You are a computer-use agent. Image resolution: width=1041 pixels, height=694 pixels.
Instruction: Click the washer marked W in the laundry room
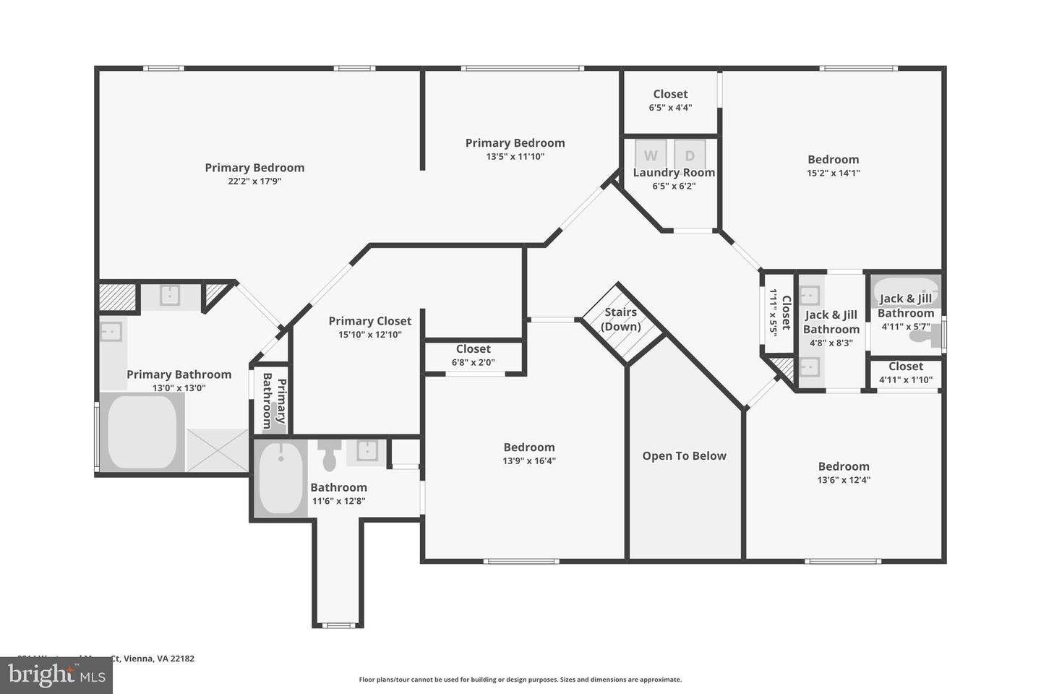click(x=651, y=154)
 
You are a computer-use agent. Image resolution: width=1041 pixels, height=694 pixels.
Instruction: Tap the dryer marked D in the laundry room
click(x=690, y=154)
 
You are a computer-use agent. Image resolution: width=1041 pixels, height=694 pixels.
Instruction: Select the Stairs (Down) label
click(x=621, y=319)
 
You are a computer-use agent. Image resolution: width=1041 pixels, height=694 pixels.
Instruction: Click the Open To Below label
click(x=684, y=455)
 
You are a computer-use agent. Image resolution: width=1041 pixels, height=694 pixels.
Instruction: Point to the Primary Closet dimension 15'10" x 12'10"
click(x=369, y=334)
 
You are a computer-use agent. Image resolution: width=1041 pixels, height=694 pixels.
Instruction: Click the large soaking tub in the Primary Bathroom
click(x=142, y=432)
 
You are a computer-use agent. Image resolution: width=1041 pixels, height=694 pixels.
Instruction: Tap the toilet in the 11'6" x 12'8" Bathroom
click(x=330, y=453)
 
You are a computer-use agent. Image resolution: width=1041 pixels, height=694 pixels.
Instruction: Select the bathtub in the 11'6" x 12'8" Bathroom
click(x=281, y=478)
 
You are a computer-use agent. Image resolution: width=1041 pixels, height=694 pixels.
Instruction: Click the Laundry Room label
click(x=674, y=173)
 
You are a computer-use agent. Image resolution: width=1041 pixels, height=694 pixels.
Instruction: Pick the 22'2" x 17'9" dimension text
click(x=254, y=181)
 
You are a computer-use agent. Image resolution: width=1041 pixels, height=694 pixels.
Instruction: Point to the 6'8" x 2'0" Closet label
click(x=474, y=349)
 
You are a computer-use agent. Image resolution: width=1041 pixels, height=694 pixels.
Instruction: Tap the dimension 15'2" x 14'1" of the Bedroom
click(x=833, y=173)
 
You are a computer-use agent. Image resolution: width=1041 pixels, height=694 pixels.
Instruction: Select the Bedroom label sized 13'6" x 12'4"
click(x=844, y=466)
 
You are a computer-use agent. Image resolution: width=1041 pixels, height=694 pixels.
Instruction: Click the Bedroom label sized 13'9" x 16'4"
click(x=529, y=447)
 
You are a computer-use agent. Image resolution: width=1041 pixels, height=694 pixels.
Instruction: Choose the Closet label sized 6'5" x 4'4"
click(x=670, y=94)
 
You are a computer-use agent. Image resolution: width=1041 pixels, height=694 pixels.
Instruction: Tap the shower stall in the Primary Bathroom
click(x=218, y=450)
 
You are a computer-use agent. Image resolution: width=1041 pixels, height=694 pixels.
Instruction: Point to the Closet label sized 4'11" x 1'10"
click(x=906, y=367)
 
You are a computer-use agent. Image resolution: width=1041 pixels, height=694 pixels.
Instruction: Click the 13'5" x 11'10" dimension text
click(x=515, y=156)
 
